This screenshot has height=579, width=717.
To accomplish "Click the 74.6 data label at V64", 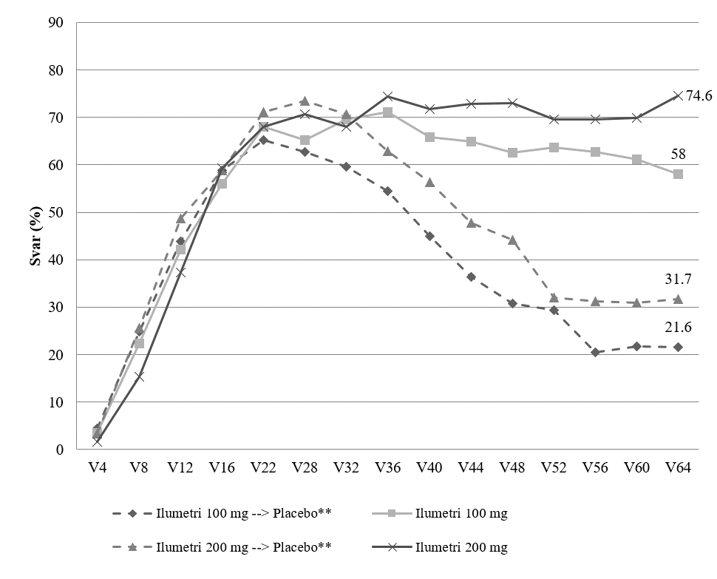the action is (699, 95).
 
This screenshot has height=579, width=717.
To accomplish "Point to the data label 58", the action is (678, 154).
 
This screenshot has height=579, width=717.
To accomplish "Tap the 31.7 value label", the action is (678, 279).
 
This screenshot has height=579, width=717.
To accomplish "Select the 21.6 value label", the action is (678, 327).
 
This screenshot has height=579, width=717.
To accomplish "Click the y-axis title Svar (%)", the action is (35, 236).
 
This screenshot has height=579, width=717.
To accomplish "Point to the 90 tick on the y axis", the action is (55, 22).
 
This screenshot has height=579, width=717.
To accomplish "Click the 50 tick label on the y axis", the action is (55, 212).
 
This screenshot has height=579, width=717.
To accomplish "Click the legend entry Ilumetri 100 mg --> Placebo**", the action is (222, 513).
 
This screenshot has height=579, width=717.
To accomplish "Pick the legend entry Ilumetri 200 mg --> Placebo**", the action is (222, 547).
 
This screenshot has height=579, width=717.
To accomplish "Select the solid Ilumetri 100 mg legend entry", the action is (440, 513).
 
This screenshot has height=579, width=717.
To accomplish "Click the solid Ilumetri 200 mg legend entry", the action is (440, 547).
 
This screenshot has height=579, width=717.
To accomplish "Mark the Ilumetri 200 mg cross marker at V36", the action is (388, 96).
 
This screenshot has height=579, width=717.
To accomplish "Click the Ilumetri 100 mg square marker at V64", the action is (678, 174).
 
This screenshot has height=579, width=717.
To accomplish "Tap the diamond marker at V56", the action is (595, 352).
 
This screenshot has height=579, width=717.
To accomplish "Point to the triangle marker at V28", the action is (305, 101).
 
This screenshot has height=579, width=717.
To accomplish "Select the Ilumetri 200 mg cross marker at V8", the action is (138, 377).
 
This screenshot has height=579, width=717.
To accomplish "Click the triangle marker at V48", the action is (512, 240).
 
